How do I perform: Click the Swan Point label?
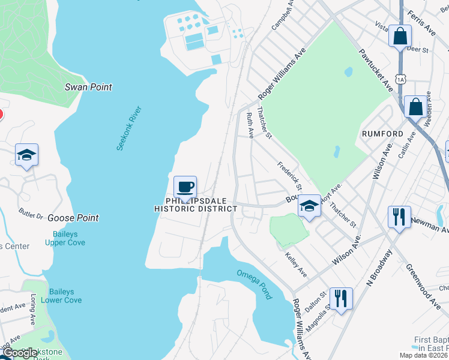coord(88,87)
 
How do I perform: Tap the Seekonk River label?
coord(128,128)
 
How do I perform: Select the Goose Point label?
coord(73,218)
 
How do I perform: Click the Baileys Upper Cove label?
coord(65,238)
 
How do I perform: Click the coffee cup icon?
coord(185,186)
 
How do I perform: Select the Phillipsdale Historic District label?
coord(195,205)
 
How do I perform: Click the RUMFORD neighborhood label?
coord(382,133)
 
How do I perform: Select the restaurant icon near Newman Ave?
coord(399,217)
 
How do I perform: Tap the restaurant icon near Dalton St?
coord(341,298)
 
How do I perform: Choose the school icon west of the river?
coord(27,155)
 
